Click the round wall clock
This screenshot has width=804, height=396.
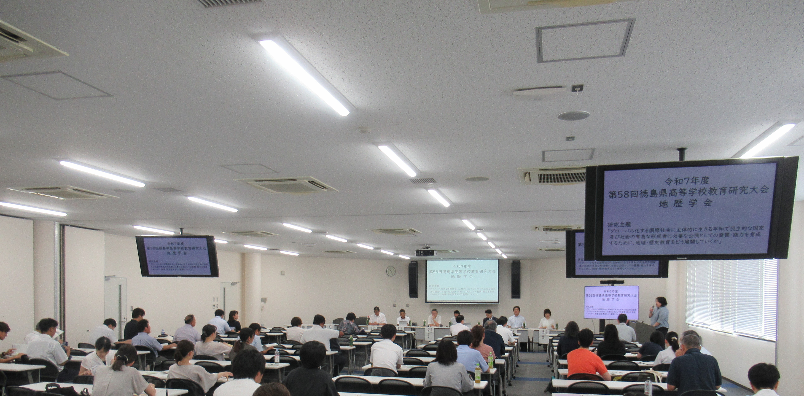pyautogui.click(x=391, y=271)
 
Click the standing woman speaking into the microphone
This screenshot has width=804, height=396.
pyautogui.click(x=659, y=315)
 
